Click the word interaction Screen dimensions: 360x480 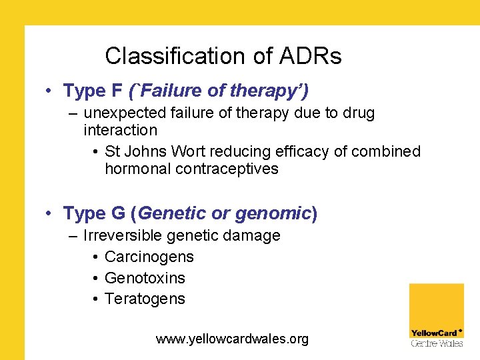pos(120,130)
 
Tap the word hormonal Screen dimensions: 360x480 pos(137,169)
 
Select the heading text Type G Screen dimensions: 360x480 pos(94,213)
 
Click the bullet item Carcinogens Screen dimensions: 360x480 pos(149,257)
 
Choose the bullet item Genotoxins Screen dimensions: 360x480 pos(145,278)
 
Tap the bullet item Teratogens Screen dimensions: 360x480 pos(145,299)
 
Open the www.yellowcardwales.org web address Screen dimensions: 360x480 pos(232,339)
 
